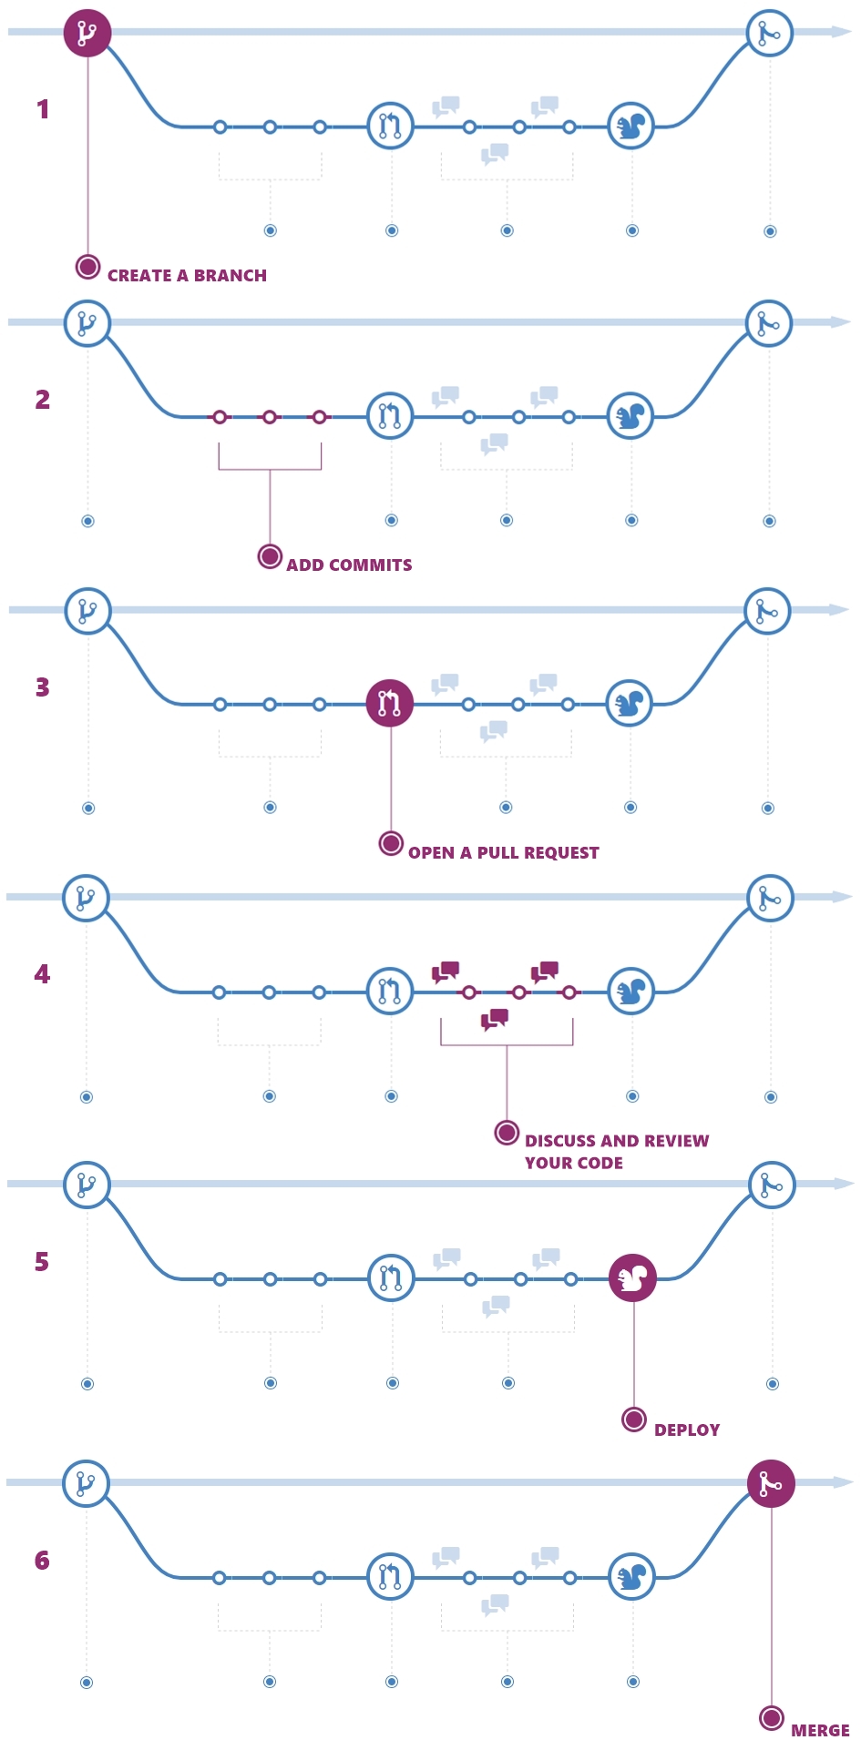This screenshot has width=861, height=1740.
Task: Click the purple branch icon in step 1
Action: [87, 33]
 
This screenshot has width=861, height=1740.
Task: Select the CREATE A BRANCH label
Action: [187, 275]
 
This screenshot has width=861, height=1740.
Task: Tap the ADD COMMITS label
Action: [349, 565]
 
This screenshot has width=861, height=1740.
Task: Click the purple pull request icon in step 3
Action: [390, 703]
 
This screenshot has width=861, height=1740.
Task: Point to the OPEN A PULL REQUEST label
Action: [503, 852]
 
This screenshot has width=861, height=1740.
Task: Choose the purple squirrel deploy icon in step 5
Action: [632, 1277]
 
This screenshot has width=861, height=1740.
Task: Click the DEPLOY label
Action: [687, 1430]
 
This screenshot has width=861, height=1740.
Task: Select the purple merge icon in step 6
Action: [771, 1483]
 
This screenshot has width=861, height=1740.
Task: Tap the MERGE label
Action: [820, 1730]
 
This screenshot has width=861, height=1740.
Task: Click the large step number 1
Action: [42, 109]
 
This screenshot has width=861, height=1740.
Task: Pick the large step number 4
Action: [42, 974]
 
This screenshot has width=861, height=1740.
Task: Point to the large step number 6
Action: [42, 1561]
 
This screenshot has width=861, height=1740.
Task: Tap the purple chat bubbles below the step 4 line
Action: [495, 1019]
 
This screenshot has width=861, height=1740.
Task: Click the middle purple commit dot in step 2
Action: [270, 417]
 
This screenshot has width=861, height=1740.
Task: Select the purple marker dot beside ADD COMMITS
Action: [270, 555]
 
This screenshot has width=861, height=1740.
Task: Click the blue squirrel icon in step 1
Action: [630, 126]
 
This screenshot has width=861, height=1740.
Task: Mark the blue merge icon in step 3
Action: [767, 611]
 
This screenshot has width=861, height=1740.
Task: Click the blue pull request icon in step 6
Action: [390, 1577]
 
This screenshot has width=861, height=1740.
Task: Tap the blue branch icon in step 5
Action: [87, 1185]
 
